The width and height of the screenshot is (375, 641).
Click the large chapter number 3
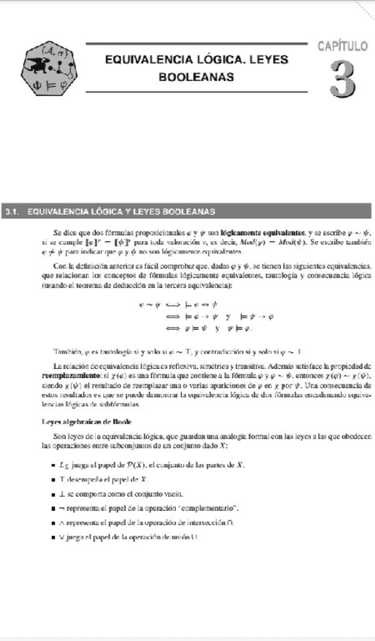point(342,78)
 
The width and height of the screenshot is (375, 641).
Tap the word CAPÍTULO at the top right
point(342,47)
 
